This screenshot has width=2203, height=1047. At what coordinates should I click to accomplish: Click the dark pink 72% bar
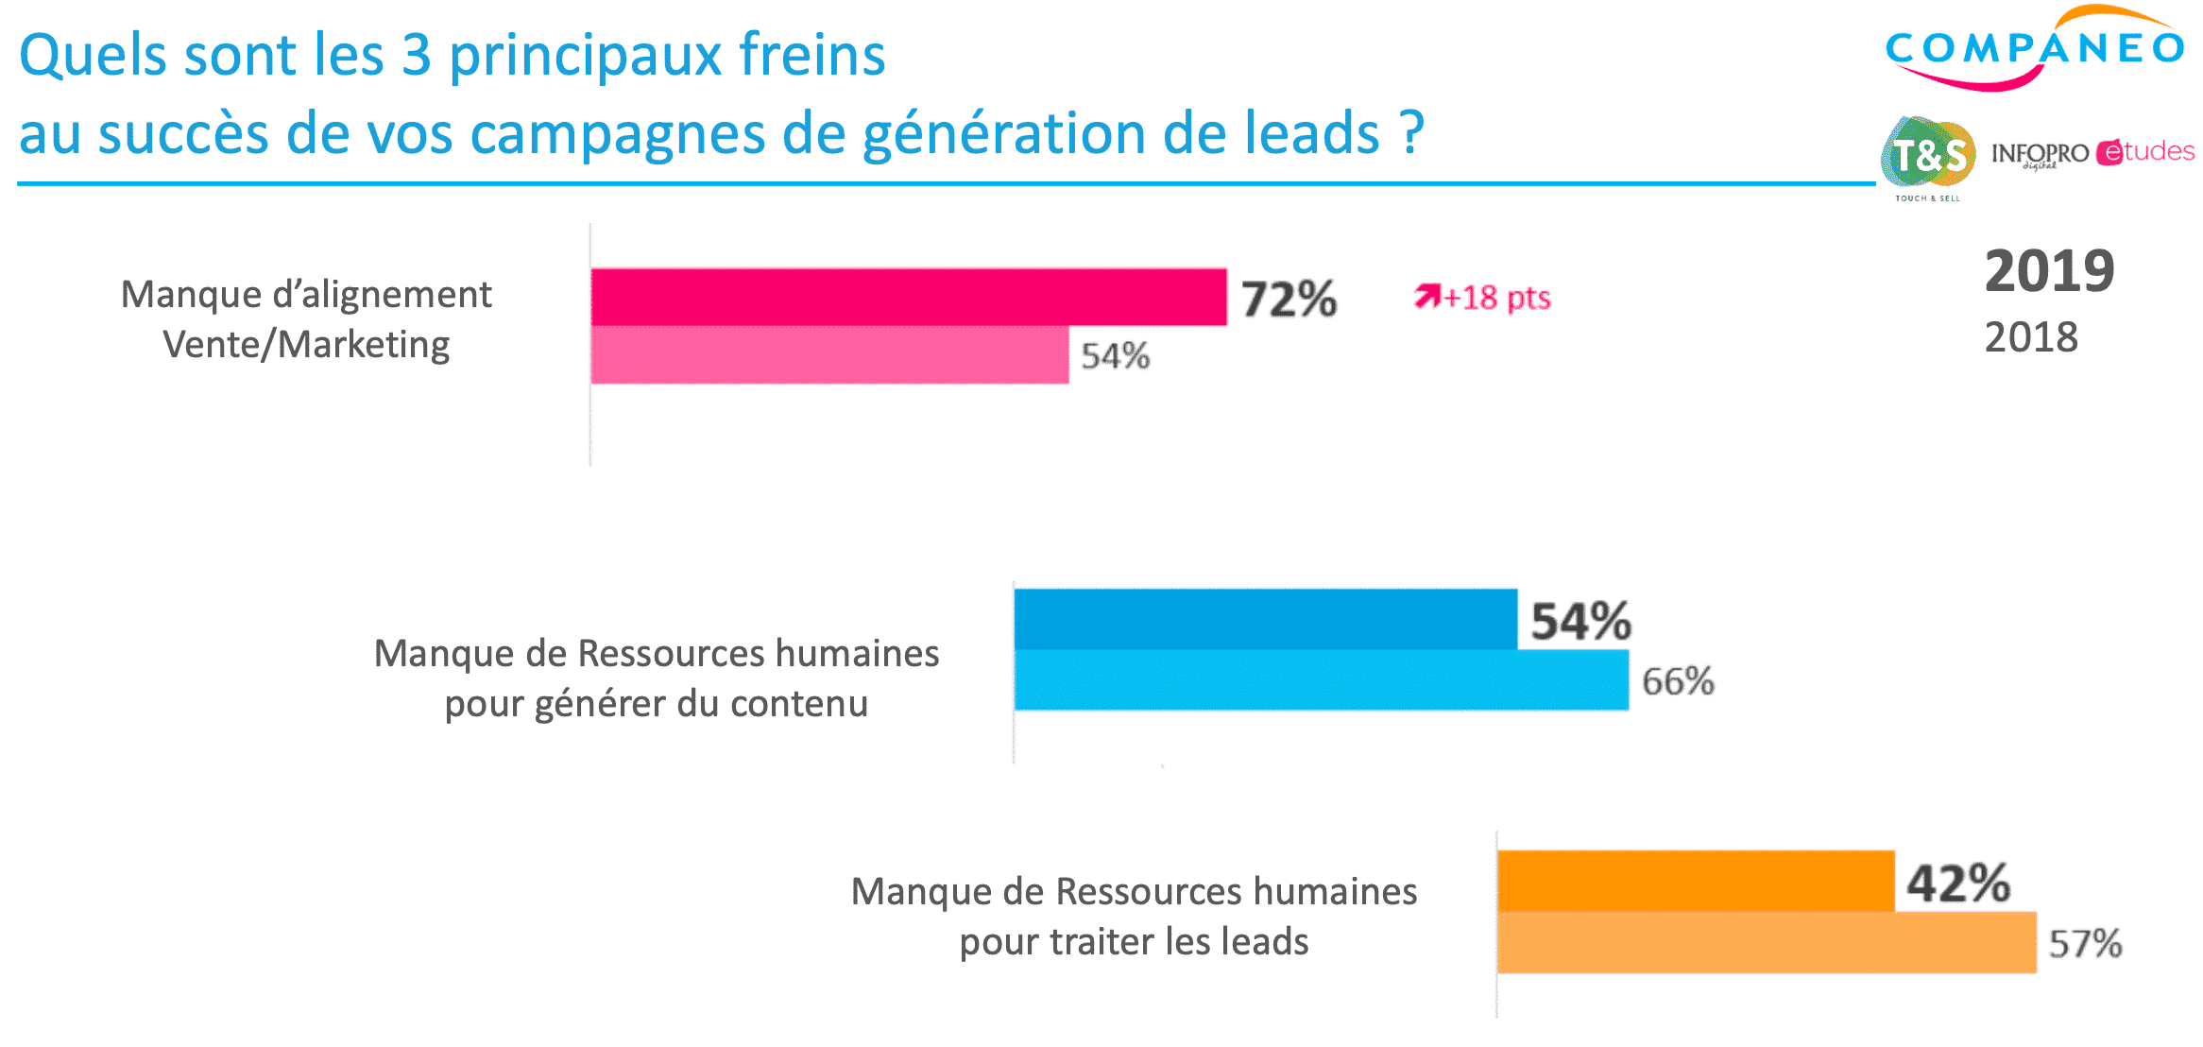908,297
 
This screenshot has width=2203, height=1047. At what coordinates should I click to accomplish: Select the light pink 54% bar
828,355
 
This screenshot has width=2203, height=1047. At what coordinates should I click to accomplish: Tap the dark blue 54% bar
1265,619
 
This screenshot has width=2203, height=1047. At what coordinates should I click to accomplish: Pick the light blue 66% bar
1321,679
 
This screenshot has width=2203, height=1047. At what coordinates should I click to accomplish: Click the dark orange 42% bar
1695,881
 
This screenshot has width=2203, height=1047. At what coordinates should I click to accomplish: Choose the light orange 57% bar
1766,942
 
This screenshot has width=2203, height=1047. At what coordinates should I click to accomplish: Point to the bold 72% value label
1289,299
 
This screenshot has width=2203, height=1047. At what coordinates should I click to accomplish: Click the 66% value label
1678,681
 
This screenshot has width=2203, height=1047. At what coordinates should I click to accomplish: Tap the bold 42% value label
1958,884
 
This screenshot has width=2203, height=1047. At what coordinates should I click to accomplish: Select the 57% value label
2085,944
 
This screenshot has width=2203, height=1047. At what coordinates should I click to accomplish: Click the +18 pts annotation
1497,298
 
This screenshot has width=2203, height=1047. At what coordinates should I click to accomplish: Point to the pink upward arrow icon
1426,297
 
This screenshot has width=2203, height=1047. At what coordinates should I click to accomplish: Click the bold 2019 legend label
2049,271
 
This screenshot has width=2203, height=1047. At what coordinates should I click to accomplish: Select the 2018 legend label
2031,337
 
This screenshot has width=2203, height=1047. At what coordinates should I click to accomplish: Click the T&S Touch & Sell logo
1928,157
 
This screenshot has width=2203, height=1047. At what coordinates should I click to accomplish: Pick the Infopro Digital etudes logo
2092,153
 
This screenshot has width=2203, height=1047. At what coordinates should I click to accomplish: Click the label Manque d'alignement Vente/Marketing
306,319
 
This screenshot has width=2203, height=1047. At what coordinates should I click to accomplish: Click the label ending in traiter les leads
1134,917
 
